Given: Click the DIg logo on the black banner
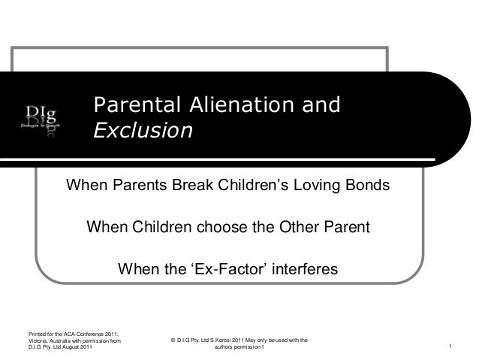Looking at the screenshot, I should click(x=36, y=120).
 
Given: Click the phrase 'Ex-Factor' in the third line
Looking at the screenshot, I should click(x=225, y=268).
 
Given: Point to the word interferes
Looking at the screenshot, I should click(x=304, y=268).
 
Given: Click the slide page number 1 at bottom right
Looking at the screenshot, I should click(x=449, y=346).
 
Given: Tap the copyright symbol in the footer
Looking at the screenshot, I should click(x=173, y=340).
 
